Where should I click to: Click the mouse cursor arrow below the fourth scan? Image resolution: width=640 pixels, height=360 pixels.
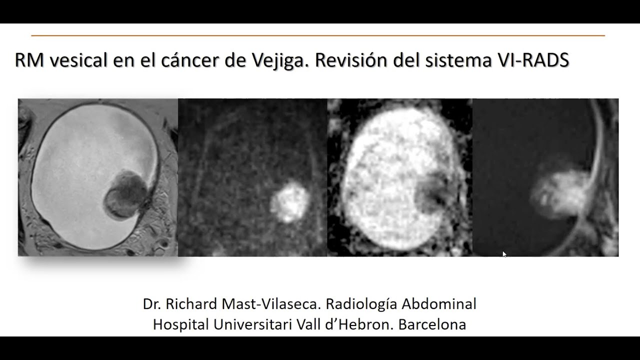point(504,254)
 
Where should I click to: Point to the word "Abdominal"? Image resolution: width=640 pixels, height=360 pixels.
point(439,304)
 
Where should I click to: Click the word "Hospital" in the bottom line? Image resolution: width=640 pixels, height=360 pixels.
point(181,324)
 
